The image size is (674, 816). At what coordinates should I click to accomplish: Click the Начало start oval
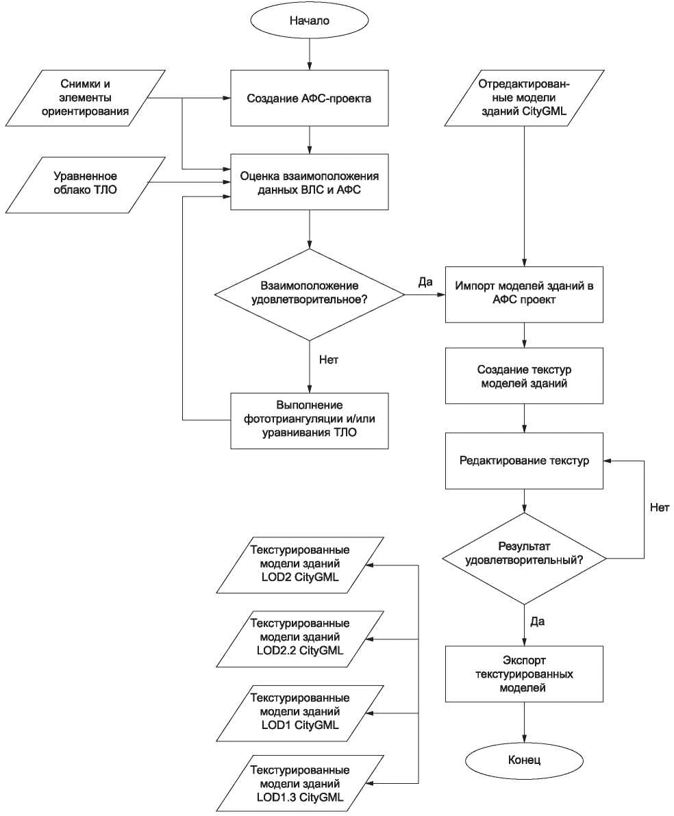[310, 21]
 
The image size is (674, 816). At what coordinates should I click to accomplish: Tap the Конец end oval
[524, 760]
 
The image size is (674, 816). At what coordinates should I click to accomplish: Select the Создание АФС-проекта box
[310, 99]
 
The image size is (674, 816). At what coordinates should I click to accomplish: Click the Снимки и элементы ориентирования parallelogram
[86, 98]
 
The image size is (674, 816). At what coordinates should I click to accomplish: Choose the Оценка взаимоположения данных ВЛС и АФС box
[310, 183]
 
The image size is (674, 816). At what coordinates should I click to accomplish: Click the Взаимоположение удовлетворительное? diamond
[310, 294]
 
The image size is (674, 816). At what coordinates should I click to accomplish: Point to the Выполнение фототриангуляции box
[310, 420]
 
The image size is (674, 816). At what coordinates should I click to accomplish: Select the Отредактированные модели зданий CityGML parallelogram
[524, 98]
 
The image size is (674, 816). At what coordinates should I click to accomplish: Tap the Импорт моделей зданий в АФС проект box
[524, 294]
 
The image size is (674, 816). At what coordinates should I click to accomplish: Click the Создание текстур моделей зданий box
[524, 377]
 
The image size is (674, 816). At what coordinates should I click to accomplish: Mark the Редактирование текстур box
[524, 461]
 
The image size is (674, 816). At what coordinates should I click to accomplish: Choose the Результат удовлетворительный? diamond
[524, 559]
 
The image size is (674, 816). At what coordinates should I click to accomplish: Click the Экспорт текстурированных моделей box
[524, 674]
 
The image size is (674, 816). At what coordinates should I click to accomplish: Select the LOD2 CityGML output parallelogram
[300, 565]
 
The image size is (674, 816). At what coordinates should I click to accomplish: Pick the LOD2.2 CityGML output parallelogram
[300, 639]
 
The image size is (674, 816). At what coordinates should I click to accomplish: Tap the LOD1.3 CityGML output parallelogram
[300, 784]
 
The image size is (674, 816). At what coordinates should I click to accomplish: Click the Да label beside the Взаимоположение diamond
[425, 283]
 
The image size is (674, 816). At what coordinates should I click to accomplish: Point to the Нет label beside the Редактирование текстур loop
[660, 507]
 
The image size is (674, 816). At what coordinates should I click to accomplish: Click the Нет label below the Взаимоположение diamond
[329, 359]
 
